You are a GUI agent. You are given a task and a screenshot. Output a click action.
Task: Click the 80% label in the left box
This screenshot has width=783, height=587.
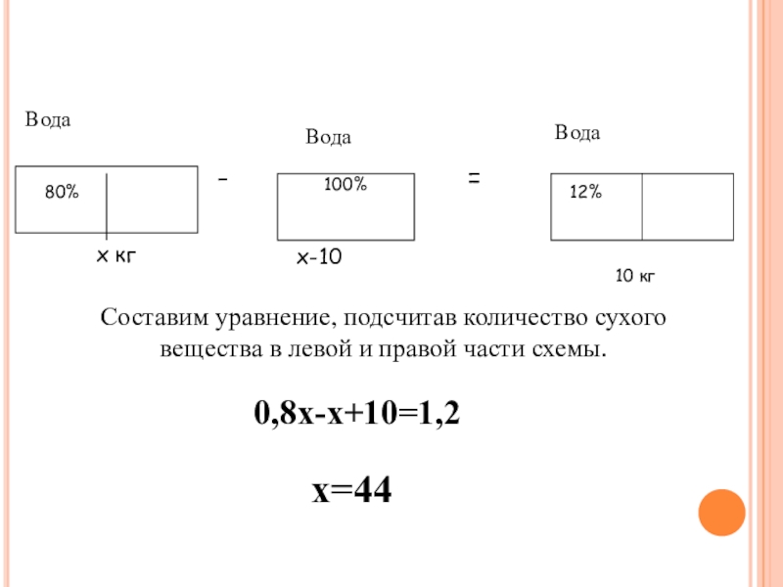pos(61,194)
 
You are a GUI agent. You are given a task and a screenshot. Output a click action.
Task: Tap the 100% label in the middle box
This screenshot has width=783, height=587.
pos(345,184)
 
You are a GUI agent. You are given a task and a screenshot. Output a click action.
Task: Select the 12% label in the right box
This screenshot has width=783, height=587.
pos(585,194)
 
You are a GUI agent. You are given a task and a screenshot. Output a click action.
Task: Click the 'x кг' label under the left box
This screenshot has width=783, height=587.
pos(115,256)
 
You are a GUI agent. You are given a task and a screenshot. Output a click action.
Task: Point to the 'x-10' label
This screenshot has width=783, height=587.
pos(319,258)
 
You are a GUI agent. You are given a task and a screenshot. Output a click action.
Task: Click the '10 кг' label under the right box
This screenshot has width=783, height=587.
pos(634,278)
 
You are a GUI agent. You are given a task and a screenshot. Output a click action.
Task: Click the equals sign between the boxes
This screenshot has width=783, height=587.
pos(474,179)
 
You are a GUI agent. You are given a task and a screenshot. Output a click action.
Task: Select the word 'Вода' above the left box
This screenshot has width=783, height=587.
pos(48,119)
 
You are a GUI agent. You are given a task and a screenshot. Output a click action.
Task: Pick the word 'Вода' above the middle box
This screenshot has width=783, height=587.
pos(328,138)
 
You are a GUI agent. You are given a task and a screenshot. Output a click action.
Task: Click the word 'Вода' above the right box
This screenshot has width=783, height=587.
pos(577,132)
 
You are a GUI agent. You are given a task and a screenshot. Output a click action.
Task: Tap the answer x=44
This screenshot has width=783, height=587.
pos(352,490)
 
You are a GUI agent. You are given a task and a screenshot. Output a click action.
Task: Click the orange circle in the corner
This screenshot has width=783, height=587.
pos(721,510)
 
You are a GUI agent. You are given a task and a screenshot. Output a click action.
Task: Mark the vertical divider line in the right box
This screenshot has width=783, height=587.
pos(642,206)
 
